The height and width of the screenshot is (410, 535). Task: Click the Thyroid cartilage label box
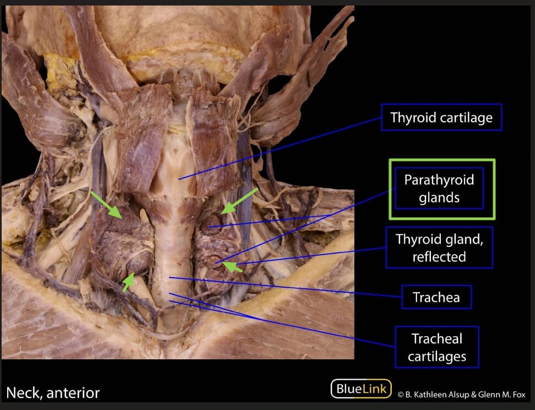click(441, 117)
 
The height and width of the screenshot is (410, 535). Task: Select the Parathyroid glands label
click(439, 188)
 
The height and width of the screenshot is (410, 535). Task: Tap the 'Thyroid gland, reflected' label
click(439, 248)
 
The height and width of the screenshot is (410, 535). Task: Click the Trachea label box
click(436, 298)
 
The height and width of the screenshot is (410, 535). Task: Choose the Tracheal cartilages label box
click(437, 347)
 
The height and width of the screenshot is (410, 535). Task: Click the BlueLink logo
click(361, 389)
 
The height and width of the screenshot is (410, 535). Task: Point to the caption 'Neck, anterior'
click(53, 393)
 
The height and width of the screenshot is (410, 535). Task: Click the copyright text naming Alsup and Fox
click(461, 394)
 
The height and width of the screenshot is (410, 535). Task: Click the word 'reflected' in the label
click(439, 257)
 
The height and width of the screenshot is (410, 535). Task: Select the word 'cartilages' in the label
click(437, 357)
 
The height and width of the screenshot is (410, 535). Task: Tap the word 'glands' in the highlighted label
click(439, 197)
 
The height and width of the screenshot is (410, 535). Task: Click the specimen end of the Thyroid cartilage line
click(179, 179)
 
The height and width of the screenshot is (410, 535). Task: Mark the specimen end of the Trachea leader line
click(169, 278)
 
